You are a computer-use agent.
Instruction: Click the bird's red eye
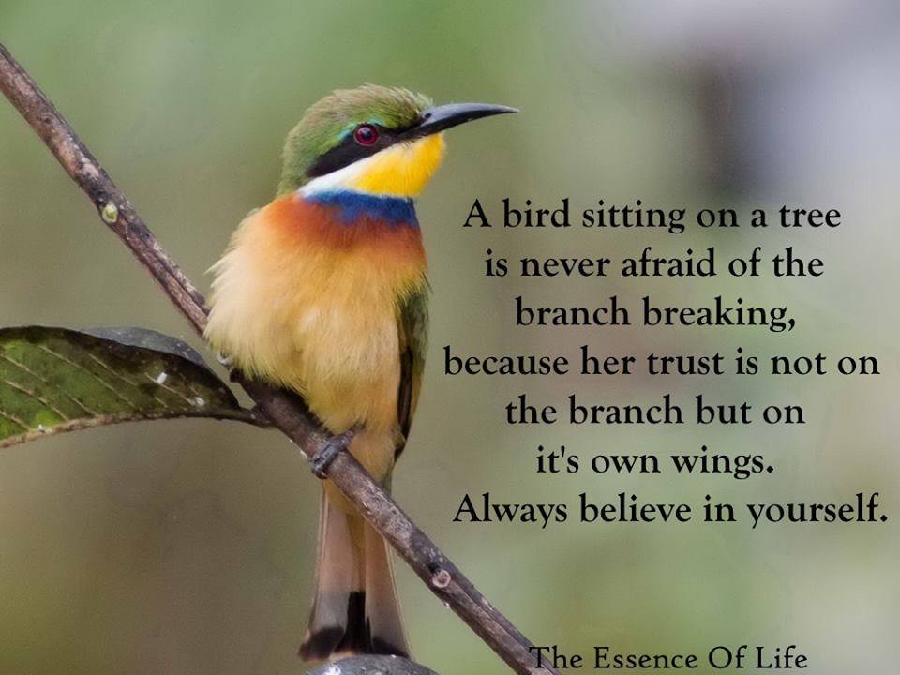(367, 135)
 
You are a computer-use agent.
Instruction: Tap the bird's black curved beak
(459, 116)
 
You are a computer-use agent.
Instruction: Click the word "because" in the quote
(506, 363)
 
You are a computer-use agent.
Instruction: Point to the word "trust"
(684, 364)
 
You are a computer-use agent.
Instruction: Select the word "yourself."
(817, 510)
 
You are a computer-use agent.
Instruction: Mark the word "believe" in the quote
(636, 508)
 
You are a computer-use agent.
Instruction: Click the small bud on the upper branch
(109, 213)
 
